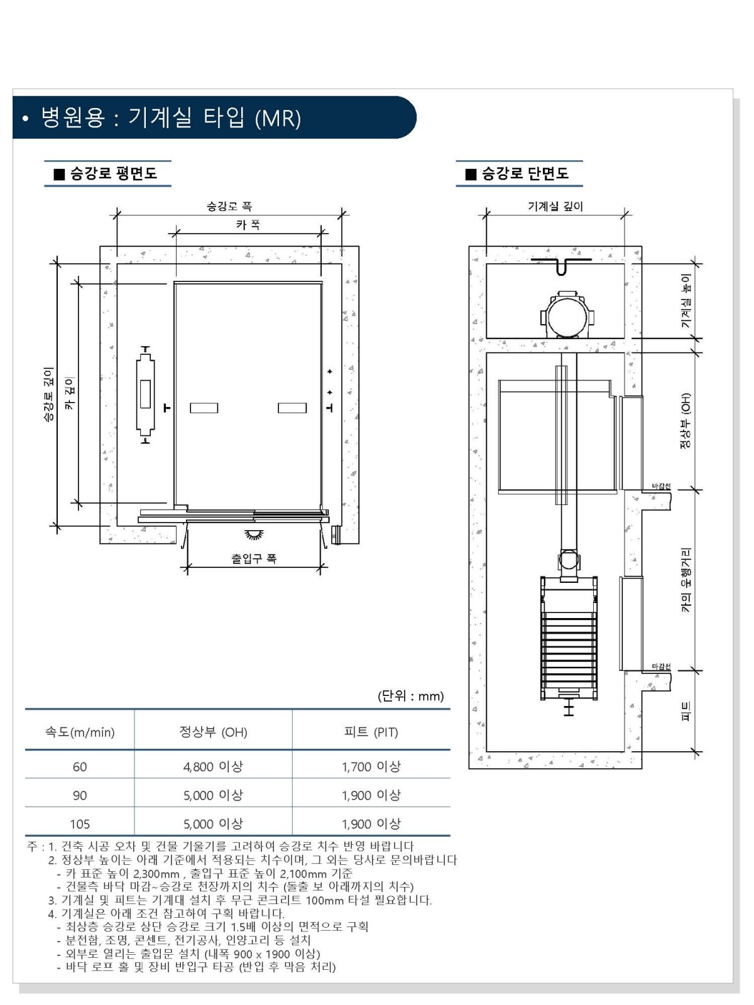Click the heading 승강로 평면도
[x=113, y=173]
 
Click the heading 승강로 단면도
[x=525, y=173]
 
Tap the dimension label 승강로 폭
[x=229, y=207]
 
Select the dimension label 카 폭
[x=248, y=225]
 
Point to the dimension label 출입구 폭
[x=254, y=558]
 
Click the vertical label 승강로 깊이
[x=48, y=394]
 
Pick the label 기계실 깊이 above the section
[x=555, y=207]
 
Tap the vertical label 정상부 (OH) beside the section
[x=686, y=421]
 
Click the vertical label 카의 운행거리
[x=686, y=580]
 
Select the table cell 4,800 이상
[x=213, y=766]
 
